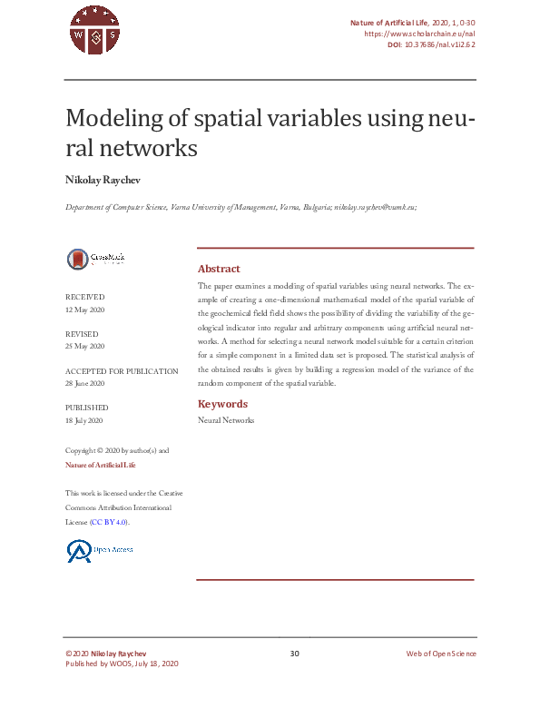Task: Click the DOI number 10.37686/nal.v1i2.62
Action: [x=439, y=44]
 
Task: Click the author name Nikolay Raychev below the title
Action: [x=103, y=180]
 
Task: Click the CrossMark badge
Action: [x=95, y=259]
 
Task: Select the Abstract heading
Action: [x=219, y=269]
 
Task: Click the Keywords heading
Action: [x=222, y=404]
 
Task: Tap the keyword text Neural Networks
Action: [x=226, y=420]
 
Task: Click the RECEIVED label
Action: [x=84, y=297]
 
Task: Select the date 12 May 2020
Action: [x=85, y=310]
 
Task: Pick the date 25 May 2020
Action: [x=85, y=347]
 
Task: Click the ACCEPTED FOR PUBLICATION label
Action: [x=122, y=371]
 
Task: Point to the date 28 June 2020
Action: [x=86, y=384]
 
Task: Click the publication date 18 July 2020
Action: [x=85, y=421]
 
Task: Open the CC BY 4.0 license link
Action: [x=108, y=523]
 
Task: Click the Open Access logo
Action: [x=100, y=550]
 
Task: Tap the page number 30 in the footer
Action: [x=294, y=654]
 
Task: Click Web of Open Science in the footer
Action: [x=441, y=654]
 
